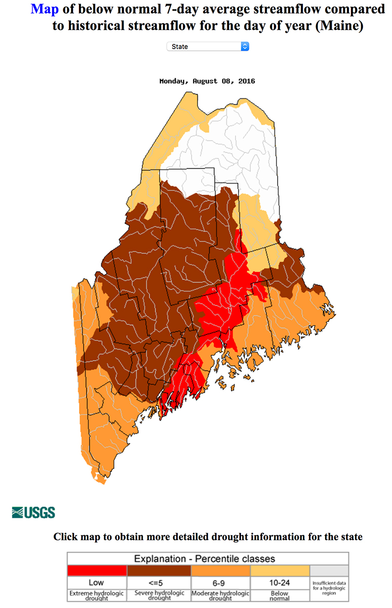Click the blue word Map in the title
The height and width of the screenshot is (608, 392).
pos(45,9)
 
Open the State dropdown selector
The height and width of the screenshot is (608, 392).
pos(208,47)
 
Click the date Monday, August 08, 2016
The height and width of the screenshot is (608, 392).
pos(207,81)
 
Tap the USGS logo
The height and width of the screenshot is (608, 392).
pos(33,512)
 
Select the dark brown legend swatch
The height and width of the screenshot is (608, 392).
pos(158,571)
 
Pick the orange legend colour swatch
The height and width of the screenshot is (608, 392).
pos(220,571)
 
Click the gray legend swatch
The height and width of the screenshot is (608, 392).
pos(329,571)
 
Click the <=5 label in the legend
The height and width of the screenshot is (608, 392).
pos(158,583)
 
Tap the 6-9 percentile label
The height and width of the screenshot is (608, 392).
pos(220,583)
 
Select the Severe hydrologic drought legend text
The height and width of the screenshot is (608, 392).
pos(158,595)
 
